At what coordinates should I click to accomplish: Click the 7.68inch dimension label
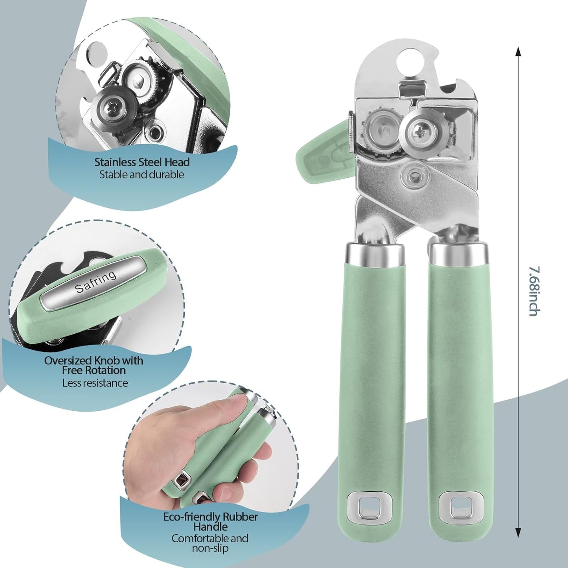(534, 291)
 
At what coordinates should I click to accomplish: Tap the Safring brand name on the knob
(96, 282)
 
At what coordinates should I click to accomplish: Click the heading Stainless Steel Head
(142, 162)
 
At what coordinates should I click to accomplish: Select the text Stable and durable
(142, 175)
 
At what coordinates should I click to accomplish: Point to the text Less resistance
(95, 383)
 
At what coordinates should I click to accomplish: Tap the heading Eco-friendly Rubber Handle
(210, 522)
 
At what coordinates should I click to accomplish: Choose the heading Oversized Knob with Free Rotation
(94, 365)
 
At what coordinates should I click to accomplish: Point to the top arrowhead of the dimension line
(518, 51)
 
